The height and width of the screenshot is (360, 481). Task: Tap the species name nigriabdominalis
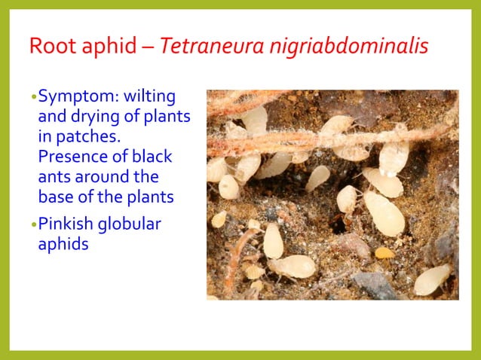click(343, 46)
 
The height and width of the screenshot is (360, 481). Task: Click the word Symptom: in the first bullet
click(74, 97)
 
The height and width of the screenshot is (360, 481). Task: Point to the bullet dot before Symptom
click(33, 98)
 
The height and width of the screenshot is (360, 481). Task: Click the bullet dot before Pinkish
click(33, 225)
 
